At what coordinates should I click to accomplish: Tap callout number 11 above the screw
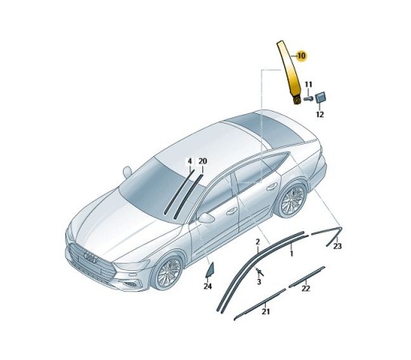(308, 84)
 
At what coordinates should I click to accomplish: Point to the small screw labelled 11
(308, 99)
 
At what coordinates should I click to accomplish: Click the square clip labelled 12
(321, 97)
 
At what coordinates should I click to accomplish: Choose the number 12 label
(319, 115)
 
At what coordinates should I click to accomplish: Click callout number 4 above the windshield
(190, 162)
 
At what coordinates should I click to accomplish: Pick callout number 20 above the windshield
(202, 162)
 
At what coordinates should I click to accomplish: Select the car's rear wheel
(293, 201)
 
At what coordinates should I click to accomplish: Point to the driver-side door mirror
(208, 218)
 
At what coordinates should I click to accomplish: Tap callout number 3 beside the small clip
(258, 282)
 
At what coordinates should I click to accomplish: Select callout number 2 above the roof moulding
(257, 241)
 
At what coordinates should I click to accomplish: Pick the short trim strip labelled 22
(307, 277)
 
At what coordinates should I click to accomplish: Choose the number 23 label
(337, 246)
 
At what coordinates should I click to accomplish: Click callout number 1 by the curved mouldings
(291, 252)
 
